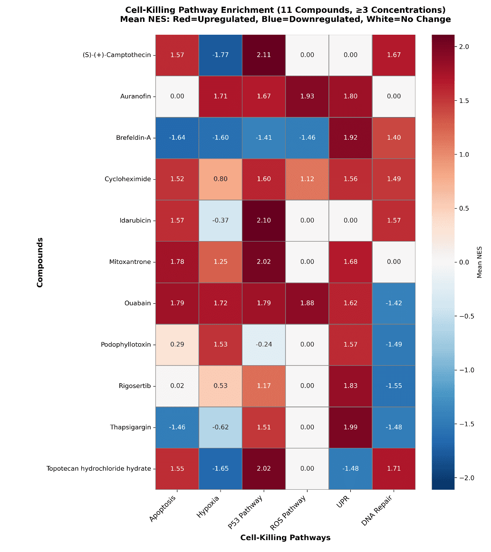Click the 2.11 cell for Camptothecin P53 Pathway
pyautogui.click(x=264, y=55)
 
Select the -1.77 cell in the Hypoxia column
pyautogui.click(x=221, y=55)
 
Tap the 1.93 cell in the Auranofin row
pyautogui.click(x=307, y=97)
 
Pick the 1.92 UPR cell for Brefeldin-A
pyautogui.click(x=350, y=138)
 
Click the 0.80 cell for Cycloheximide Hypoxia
pyautogui.click(x=221, y=179)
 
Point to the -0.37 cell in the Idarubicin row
pyautogui.click(x=221, y=221)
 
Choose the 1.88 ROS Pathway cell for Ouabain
pyautogui.click(x=307, y=303)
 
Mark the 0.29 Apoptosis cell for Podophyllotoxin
pyautogui.click(x=177, y=345)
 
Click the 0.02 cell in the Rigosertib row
pyautogui.click(x=177, y=386)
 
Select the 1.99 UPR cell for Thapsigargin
pyautogui.click(x=350, y=427)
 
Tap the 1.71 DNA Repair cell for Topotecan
pyautogui.click(x=394, y=469)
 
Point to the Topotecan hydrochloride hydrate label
pyautogui.click(x=98, y=469)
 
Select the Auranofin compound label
pyautogui.click(x=136, y=97)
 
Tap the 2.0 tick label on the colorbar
pyautogui.click(x=464, y=47)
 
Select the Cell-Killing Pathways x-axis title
pyautogui.click(x=285, y=538)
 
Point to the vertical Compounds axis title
pyautogui.click(x=40, y=262)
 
